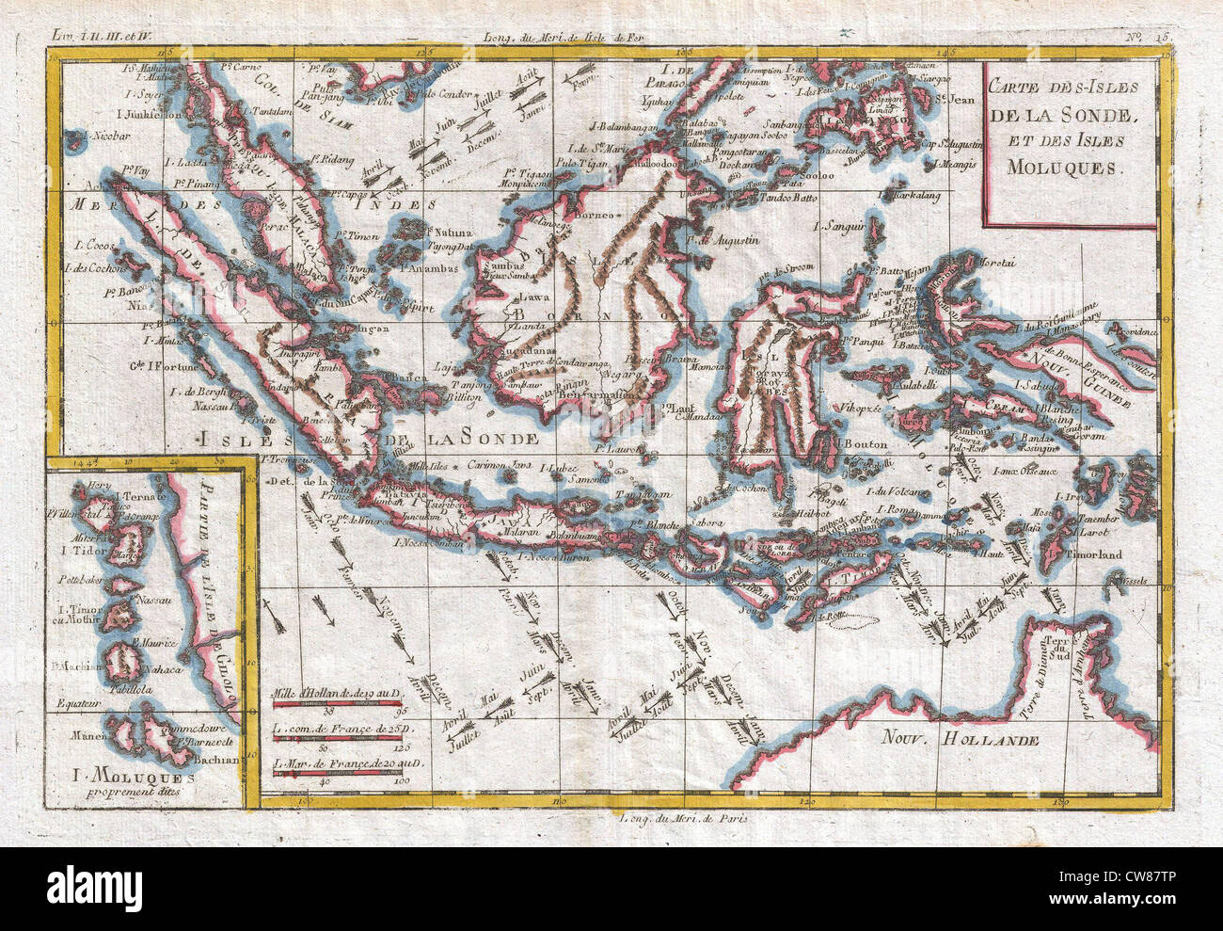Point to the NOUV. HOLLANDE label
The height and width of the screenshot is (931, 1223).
960,740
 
